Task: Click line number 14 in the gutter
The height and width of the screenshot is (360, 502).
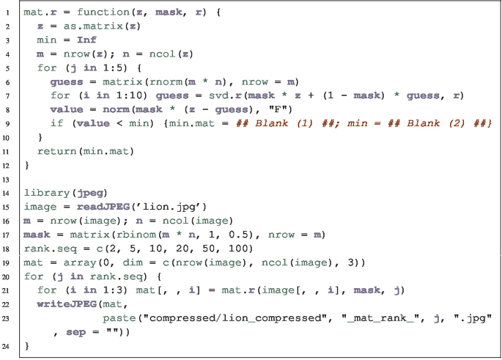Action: point(7,192)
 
